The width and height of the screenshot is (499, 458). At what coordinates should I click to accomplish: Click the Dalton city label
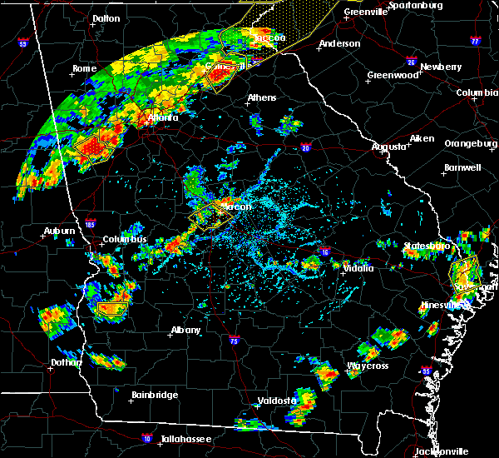click(106, 18)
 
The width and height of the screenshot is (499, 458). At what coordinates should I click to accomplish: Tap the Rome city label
click(85, 68)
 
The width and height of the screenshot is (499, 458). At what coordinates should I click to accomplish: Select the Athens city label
click(261, 98)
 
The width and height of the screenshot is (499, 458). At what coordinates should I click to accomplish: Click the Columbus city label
click(125, 240)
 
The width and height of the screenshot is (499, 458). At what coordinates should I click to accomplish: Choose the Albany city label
click(185, 330)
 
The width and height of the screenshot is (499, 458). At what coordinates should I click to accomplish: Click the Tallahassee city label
click(184, 439)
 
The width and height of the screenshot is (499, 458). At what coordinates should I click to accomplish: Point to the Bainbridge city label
click(154, 395)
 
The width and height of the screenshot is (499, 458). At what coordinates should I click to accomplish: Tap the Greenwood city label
click(393, 75)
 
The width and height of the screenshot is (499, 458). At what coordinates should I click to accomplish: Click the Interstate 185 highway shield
click(89, 223)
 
